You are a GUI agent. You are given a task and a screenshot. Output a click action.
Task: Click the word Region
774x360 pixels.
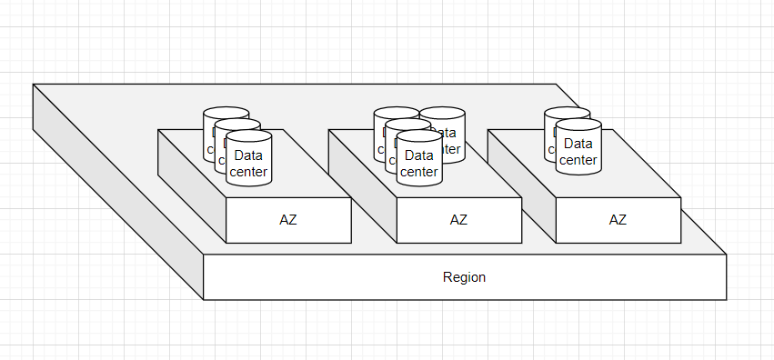[464, 277]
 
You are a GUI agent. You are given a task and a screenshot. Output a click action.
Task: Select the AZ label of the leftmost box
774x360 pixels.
[287, 219]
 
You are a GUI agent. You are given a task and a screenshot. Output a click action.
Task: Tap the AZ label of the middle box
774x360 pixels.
[458, 219]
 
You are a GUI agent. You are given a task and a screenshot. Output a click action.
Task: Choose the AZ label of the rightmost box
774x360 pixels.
[618, 219]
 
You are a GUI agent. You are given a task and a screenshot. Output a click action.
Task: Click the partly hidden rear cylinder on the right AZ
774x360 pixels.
[549, 127]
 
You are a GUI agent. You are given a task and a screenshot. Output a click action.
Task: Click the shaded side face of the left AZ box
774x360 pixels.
[192, 182]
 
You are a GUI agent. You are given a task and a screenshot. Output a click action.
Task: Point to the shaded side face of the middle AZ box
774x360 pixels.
[362, 182]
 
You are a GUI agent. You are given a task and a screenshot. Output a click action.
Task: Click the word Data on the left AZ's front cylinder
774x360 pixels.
[248, 155]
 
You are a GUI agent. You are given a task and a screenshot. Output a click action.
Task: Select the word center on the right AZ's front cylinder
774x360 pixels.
[578, 160]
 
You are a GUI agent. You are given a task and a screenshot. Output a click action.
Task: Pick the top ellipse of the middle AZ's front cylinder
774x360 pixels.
[419, 136]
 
